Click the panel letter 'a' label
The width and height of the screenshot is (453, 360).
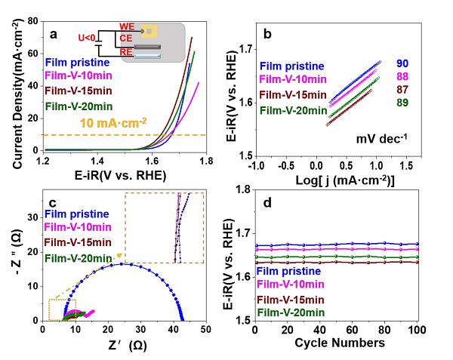point(54,33)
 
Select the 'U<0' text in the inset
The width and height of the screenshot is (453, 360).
point(88,36)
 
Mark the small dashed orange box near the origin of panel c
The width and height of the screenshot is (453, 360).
point(63,309)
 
